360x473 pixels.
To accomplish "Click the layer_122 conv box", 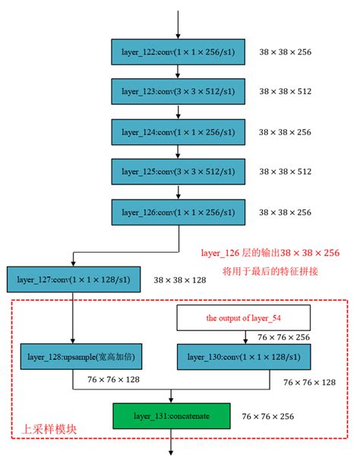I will tap(178, 52).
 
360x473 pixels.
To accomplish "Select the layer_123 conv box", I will tap(178, 91).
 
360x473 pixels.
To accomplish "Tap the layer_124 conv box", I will tap(178, 131).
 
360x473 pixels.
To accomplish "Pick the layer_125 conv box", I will tap(178, 170).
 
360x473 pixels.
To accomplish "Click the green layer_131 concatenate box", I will tap(171, 416).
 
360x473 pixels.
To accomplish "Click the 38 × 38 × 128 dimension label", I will tap(179, 280).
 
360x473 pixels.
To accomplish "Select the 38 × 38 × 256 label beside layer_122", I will tap(285, 52).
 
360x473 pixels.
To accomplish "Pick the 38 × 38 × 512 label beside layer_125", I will tap(285, 171).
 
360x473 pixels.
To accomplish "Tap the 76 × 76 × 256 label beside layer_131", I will tap(267, 417).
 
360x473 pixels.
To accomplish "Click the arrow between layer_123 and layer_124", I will tap(178, 111).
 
